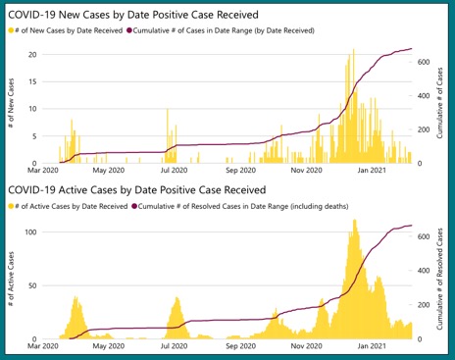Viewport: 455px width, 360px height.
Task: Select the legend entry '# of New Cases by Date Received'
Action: point(69,31)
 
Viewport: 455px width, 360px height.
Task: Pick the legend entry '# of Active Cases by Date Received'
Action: point(71,206)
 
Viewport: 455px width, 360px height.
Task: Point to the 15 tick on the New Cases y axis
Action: point(32,81)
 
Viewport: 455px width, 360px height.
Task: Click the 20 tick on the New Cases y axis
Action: point(32,54)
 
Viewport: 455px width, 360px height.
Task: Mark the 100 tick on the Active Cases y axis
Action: point(30,231)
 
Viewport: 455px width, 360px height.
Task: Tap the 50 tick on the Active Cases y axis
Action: point(32,285)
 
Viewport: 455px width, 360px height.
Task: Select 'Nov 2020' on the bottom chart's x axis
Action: point(307,346)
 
